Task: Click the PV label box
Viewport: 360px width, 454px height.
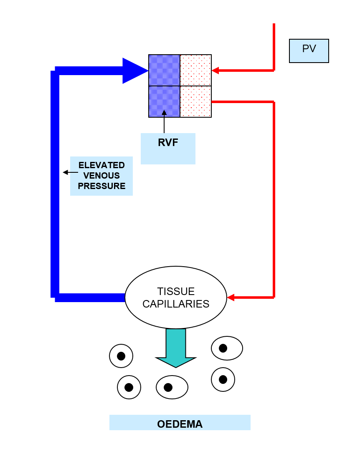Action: [x=309, y=50]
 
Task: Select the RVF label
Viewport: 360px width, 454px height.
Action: [x=168, y=143]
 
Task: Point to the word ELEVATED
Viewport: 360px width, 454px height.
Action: [x=101, y=165]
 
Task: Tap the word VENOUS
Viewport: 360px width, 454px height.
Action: [x=101, y=176]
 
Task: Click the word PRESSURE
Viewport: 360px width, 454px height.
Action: [x=101, y=186]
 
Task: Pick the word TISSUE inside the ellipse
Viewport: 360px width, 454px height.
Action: [x=176, y=291]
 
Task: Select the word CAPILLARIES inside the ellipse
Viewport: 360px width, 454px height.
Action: [x=176, y=304]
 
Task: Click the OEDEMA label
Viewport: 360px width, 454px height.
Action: [x=180, y=424]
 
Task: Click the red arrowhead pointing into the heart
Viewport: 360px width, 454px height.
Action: [x=215, y=71]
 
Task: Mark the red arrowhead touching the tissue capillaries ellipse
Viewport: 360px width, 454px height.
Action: [x=231, y=298]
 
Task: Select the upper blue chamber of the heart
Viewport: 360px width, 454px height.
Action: [x=164, y=70]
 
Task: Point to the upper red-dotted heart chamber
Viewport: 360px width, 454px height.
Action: [x=195, y=70]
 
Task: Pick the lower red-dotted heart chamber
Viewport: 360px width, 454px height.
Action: [x=195, y=101]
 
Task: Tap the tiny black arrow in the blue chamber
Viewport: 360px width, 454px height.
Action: [x=164, y=113]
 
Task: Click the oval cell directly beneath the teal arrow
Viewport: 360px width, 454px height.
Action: [x=172, y=387]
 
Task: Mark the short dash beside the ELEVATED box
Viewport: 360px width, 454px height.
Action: [x=74, y=172]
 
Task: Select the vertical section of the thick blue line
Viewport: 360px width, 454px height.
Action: [x=55, y=184]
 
